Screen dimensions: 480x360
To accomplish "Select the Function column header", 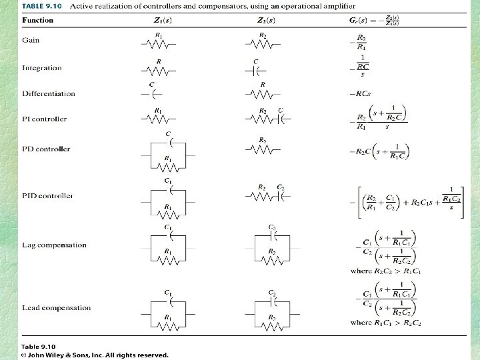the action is tap(37, 20).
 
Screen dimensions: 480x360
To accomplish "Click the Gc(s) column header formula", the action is tap(375, 20).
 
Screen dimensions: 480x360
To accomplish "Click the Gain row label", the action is tap(31, 40).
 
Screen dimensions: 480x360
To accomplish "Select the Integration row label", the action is tap(41, 68).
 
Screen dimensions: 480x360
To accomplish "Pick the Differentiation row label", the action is tap(49, 94).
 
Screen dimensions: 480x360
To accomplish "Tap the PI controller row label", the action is tap(44, 119).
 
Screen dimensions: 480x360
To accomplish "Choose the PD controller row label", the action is tap(46, 149).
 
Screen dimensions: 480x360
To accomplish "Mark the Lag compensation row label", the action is tap(54, 245).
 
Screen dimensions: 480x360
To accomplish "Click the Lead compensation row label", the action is tap(56, 308).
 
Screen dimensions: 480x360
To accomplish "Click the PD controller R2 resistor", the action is tap(263, 149).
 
